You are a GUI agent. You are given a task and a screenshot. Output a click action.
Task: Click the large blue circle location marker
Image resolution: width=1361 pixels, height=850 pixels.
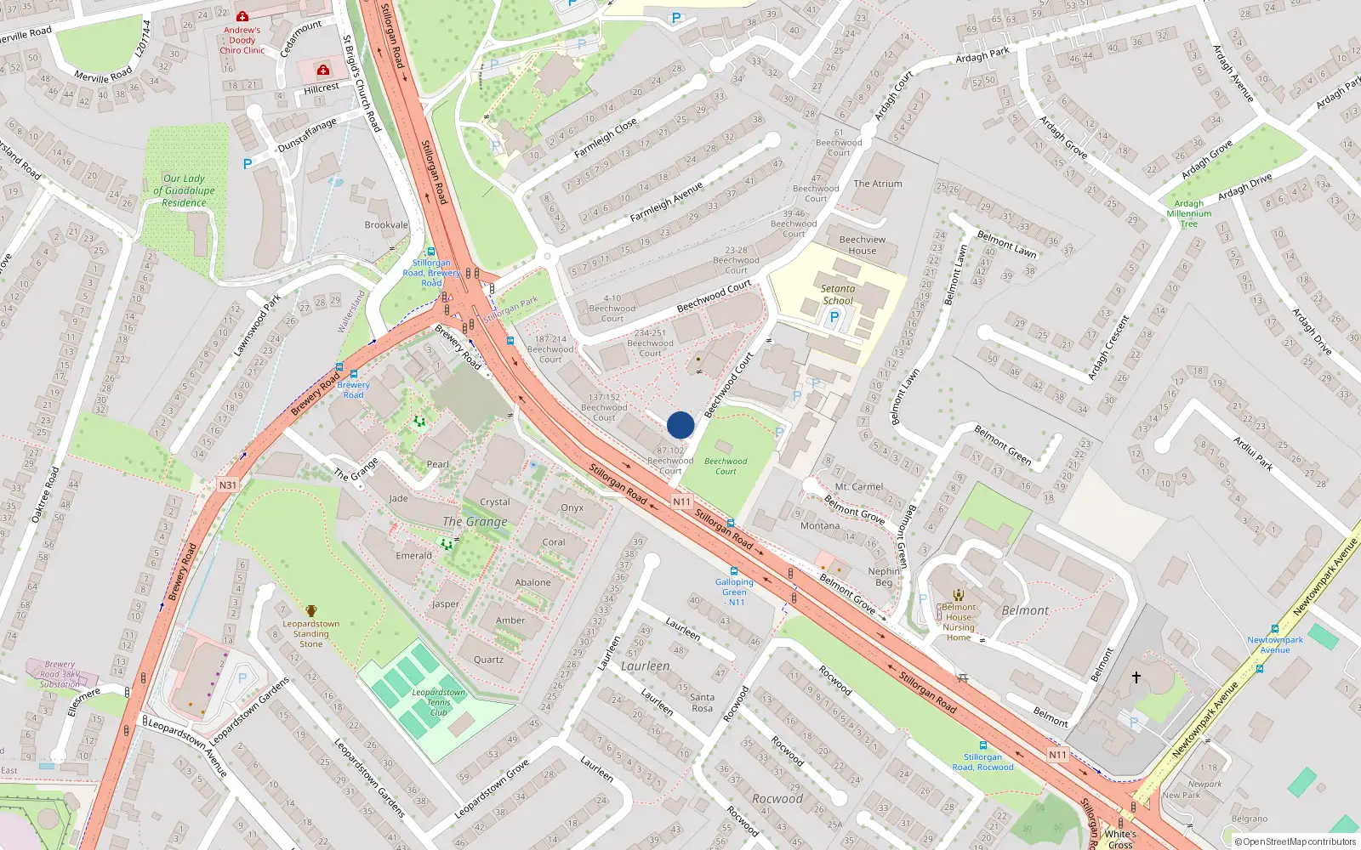[680, 425]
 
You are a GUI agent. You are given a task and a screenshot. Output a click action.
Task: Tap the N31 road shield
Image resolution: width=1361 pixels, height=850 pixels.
[227, 485]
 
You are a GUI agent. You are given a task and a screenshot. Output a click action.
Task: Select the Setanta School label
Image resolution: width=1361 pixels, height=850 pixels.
[838, 295]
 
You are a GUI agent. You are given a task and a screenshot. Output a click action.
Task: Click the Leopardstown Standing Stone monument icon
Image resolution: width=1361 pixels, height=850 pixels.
[311, 611]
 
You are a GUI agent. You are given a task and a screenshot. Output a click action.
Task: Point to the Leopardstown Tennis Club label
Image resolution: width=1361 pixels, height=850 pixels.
[439, 702]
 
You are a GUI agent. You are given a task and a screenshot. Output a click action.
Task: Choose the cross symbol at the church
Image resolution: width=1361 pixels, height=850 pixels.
[1136, 677]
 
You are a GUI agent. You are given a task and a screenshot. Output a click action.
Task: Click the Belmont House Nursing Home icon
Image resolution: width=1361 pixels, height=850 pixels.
[959, 595]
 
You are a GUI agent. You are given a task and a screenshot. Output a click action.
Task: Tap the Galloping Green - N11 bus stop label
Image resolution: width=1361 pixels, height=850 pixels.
[734, 592]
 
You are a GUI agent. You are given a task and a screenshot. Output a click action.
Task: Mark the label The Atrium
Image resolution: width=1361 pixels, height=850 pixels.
[878, 184]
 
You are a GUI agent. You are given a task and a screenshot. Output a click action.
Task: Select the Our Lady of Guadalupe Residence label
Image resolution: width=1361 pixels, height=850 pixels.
[184, 190]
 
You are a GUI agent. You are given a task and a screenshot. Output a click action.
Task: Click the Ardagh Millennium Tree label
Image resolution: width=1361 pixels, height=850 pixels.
[1188, 213]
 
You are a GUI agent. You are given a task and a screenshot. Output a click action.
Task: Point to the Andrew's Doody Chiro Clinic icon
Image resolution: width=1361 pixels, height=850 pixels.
[242, 16]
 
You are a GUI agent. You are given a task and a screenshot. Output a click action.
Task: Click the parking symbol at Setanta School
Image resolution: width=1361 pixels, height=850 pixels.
[834, 317]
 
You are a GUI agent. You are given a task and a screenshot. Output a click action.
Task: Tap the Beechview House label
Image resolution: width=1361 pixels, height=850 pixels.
[862, 245]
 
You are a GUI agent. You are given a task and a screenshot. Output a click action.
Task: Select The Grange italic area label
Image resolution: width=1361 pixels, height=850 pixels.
[475, 522]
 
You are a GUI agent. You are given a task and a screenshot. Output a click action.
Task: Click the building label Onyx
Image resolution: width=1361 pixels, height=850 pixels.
[572, 508]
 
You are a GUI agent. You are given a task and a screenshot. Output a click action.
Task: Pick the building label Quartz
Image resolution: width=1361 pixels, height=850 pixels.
[488, 660]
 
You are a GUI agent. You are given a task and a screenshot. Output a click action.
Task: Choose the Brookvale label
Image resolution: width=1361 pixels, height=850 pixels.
[386, 225]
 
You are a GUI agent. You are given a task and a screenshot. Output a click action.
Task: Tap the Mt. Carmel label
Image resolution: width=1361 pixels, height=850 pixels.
[858, 487]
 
